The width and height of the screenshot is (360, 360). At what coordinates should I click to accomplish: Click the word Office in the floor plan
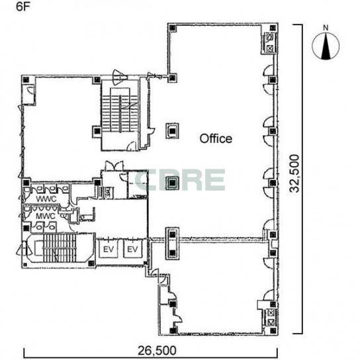[216, 138]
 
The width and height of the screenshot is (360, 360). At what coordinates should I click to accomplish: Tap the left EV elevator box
[109, 249]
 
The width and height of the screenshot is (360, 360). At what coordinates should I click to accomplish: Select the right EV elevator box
[132, 249]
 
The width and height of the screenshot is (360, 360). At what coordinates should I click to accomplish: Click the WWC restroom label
[46, 199]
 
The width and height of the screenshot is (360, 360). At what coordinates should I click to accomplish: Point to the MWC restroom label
[46, 216]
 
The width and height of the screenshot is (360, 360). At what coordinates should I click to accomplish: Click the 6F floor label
[23, 7]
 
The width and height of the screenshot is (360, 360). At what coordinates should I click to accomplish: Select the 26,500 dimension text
[157, 350]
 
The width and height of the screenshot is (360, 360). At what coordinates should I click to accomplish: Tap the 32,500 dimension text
[294, 173]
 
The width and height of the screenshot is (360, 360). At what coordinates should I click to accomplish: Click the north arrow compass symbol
[326, 46]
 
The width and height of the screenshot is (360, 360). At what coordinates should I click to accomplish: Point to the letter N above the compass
[326, 28]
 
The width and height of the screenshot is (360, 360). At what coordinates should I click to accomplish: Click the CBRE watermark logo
[180, 180]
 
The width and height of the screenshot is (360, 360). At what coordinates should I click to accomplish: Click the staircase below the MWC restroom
[60, 248]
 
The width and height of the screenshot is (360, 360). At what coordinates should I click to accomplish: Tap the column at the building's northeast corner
[273, 28]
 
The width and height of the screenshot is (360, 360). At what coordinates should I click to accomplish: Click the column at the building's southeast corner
[273, 331]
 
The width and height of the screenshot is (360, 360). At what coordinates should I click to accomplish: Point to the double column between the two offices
[173, 244]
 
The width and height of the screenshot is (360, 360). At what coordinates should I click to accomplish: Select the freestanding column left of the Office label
[173, 131]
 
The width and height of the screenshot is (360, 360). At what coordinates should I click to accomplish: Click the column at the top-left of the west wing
[26, 79]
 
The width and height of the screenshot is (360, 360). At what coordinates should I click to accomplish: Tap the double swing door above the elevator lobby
[114, 165]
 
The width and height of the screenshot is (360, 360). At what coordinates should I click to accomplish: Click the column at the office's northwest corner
[173, 28]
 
